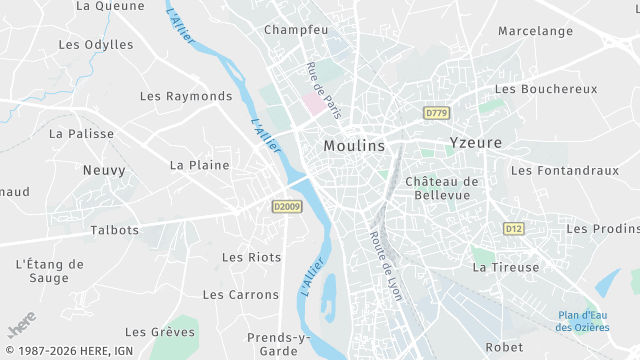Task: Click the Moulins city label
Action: click(354, 145)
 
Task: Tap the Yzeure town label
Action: click(475, 142)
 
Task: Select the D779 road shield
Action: click(435, 114)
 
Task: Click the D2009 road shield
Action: click(286, 207)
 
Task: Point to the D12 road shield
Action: click(514, 229)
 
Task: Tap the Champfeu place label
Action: click(296, 30)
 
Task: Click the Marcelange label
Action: click(535, 31)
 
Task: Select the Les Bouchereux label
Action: click(546, 89)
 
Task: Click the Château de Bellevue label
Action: click(443, 188)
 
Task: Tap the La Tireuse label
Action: click(506, 267)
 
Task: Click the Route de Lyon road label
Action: click(385, 260)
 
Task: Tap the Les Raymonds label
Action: click(186, 97)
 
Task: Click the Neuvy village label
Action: click(103, 171)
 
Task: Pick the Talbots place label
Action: click(115, 230)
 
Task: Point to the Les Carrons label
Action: click(241, 295)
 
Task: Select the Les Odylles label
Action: click(96, 45)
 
